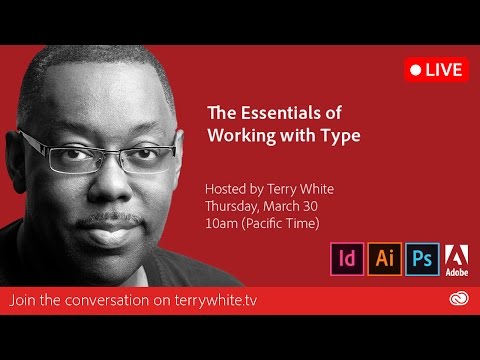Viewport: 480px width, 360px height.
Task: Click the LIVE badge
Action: point(435,69)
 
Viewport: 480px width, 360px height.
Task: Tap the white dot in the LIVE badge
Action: point(414,69)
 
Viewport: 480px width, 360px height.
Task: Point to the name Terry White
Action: point(300,189)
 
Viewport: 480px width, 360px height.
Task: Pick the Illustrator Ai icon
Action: point(383,257)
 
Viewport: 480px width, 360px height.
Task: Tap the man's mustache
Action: point(105,218)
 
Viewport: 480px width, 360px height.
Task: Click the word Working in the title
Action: point(240,133)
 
